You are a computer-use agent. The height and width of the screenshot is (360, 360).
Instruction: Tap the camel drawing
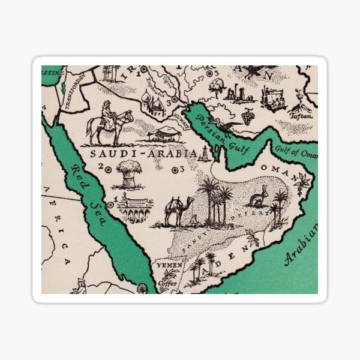[x=179, y=211]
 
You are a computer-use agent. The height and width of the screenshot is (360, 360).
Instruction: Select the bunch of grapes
[x=247, y=115]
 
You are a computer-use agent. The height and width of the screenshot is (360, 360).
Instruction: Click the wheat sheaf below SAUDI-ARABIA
[x=130, y=174]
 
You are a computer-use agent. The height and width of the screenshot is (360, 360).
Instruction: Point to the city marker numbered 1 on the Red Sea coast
[x=110, y=205]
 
